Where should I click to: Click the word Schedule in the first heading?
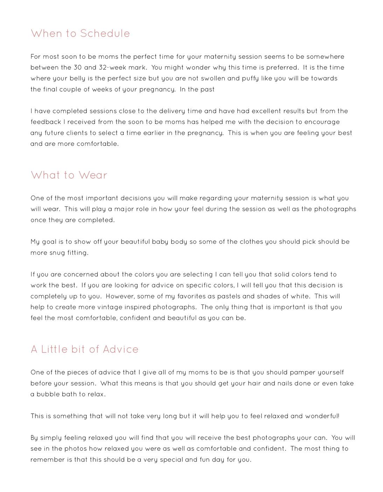(x=105, y=34)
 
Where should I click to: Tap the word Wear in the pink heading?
(x=93, y=175)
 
